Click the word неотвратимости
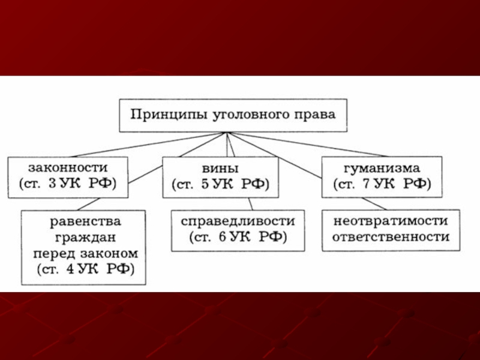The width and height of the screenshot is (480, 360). point(390,221)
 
